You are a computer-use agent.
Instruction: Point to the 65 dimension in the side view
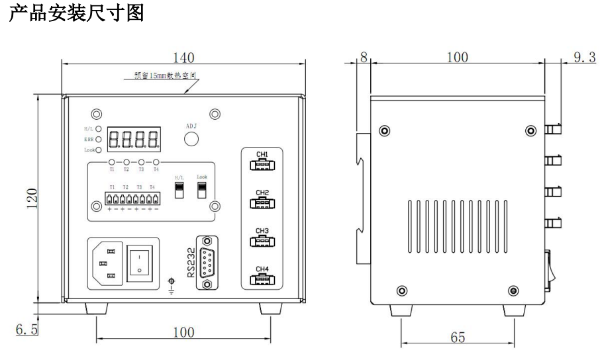[458, 336]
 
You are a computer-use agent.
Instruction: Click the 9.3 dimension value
[583, 58]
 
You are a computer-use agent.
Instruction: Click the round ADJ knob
[191, 139]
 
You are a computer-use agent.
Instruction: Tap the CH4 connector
[262, 279]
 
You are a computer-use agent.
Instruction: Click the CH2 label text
[262, 193]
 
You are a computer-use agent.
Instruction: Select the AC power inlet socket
[106, 263]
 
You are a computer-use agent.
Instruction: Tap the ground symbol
[172, 285]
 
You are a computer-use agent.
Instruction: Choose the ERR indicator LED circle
[99, 140]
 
